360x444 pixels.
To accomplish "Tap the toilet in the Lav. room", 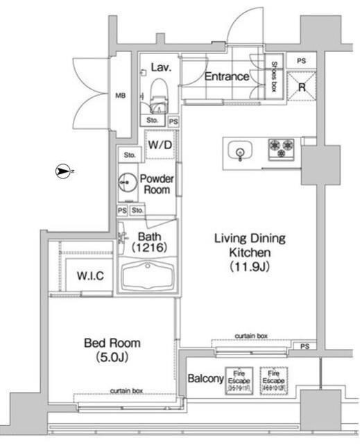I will click(x=158, y=91).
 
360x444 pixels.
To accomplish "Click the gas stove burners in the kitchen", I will click(x=282, y=148).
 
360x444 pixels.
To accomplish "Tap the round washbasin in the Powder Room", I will click(x=127, y=182).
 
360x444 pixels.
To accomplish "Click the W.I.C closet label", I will click(x=90, y=276).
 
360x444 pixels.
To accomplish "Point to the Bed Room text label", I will click(x=112, y=343).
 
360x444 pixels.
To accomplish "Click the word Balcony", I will click(x=205, y=379).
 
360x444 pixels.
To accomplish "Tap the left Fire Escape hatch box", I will click(x=241, y=380).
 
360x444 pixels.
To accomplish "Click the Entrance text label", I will click(x=226, y=76).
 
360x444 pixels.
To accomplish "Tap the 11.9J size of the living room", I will click(x=249, y=266).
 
